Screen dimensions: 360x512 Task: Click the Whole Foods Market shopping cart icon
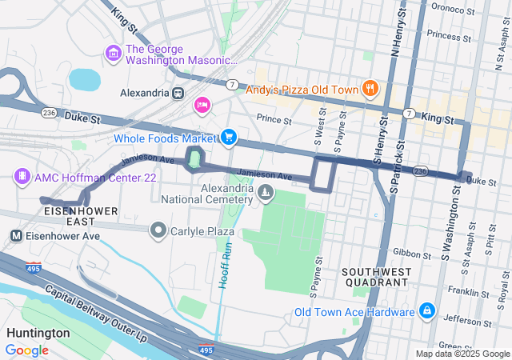click(230, 138)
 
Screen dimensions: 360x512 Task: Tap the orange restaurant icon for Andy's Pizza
click(370, 89)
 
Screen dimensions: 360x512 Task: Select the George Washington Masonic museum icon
click(113, 53)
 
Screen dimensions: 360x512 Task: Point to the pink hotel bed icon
click(202, 105)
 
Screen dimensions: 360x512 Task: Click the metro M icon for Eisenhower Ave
click(15, 236)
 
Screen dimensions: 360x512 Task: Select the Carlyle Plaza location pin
click(158, 231)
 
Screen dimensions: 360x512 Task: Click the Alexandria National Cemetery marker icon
click(265, 192)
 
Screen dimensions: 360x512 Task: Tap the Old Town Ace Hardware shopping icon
click(427, 310)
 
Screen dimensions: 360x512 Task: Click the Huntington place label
click(38, 333)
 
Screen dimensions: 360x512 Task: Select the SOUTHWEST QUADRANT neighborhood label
click(376, 277)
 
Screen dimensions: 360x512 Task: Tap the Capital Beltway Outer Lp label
click(96, 311)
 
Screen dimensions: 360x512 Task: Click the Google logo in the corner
click(26, 350)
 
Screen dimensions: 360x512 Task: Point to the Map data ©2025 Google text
click(462, 354)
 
